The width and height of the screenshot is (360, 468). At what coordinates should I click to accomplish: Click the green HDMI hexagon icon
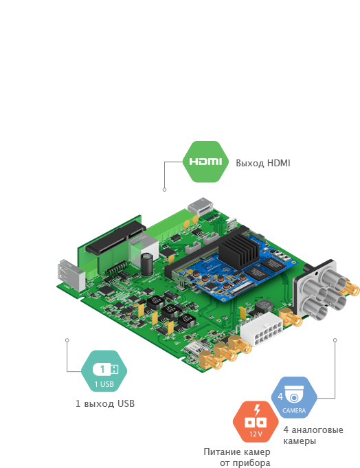205,161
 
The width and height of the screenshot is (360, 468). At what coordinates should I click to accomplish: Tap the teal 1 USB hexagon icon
104,371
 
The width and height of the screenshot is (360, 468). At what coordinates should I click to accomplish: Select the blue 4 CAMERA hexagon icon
294,397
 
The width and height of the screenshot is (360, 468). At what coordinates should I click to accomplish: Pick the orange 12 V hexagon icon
256,421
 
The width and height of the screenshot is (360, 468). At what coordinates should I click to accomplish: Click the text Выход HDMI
262,163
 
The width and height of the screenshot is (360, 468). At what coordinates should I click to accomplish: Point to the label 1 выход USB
105,403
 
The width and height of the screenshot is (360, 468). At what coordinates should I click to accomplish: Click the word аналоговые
317,430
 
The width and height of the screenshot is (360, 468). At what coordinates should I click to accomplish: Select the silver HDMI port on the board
201,206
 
